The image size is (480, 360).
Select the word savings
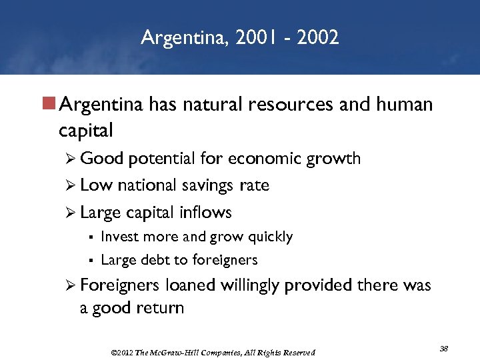204,185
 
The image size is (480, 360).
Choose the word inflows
205,213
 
